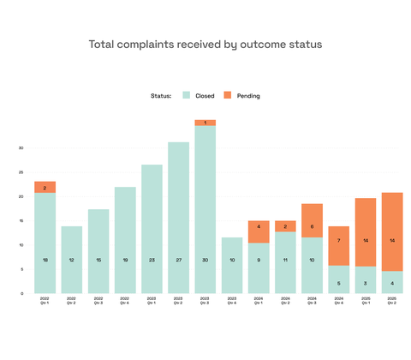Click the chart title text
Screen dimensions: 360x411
205,44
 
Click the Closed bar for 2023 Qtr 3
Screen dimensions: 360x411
205,209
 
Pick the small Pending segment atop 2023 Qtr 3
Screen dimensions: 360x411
205,123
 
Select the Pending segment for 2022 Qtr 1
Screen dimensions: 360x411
45,187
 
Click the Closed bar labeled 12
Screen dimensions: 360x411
71,259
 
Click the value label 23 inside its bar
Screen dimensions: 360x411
152,259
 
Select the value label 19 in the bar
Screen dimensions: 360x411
125,259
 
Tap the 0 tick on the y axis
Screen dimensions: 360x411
21,293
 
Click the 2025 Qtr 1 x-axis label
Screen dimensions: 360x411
366,303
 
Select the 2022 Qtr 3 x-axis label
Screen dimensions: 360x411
98,303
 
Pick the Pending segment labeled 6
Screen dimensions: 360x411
313,226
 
